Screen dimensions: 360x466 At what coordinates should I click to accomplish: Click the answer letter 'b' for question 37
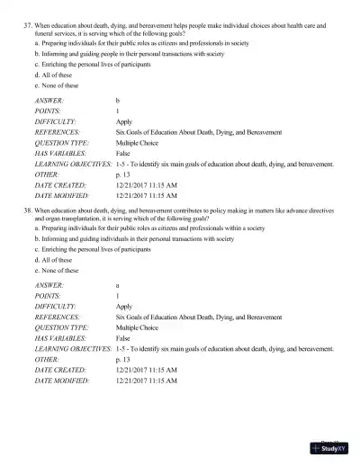118,100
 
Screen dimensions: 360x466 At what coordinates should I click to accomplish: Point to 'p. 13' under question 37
123,175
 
